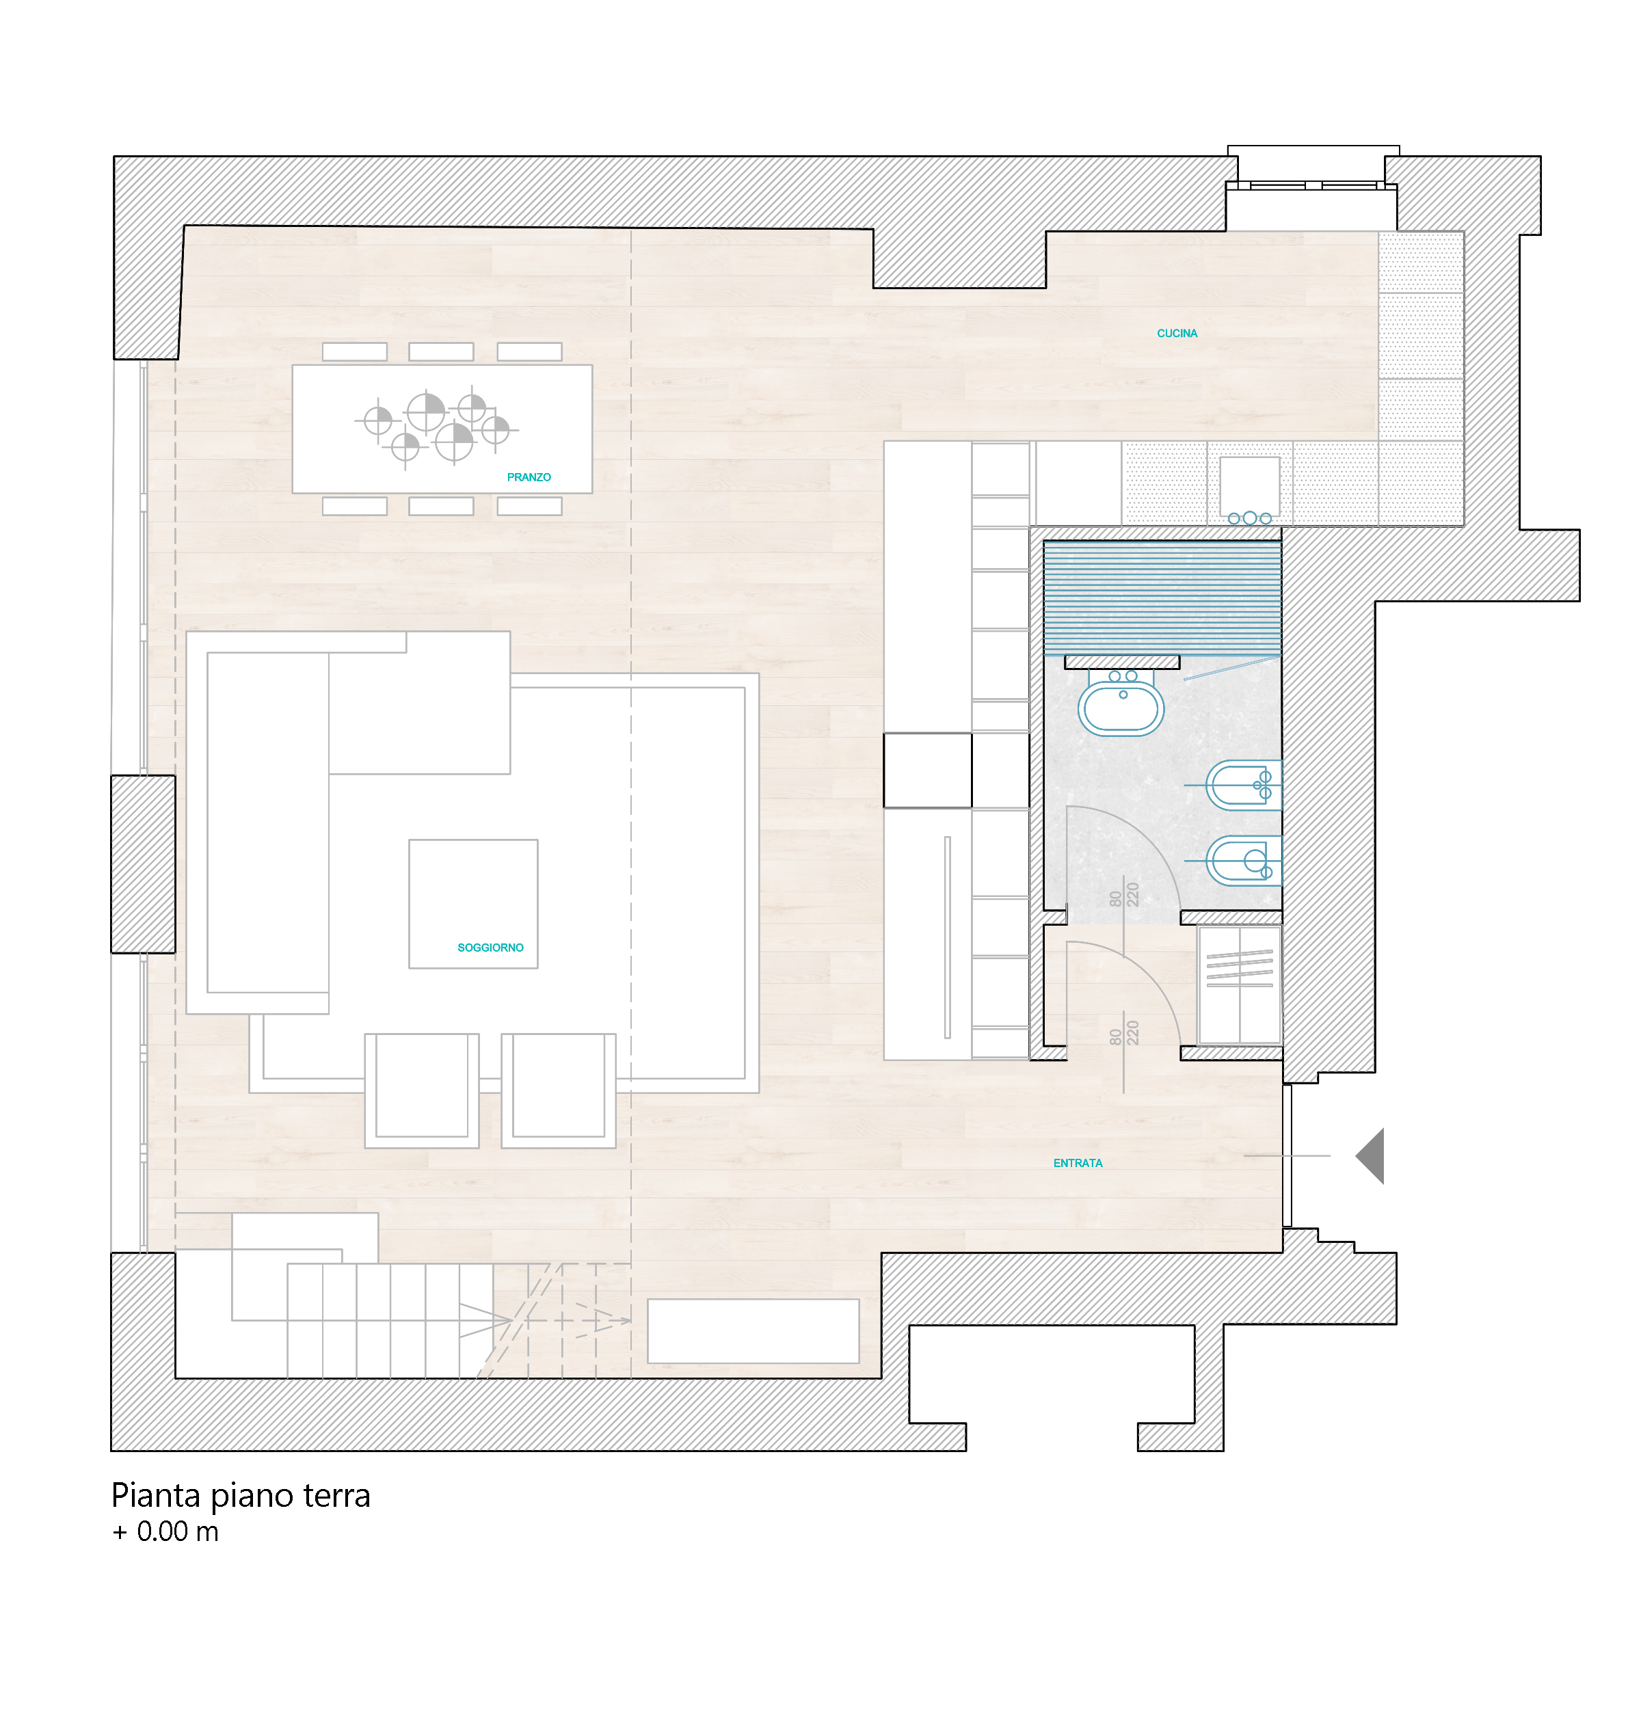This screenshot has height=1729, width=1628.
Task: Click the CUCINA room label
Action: coord(1177,333)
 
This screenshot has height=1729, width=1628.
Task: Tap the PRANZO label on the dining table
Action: coord(529,477)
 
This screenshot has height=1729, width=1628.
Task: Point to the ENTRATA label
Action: coord(1078,1163)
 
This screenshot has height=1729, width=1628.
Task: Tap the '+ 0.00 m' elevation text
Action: coord(165,1531)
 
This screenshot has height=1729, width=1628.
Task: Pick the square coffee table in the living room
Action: coord(473,904)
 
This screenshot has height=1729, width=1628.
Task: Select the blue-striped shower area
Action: coord(1162,598)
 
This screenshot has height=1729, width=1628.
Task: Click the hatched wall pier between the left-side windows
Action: coord(144,863)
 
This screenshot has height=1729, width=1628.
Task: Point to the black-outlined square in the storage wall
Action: coord(928,770)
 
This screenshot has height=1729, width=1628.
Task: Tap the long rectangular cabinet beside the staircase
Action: coord(753,1330)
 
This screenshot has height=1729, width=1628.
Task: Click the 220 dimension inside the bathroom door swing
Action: coord(1132,895)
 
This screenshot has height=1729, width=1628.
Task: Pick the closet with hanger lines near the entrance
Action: coord(1239,985)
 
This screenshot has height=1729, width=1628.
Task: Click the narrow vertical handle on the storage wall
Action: coord(947,937)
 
